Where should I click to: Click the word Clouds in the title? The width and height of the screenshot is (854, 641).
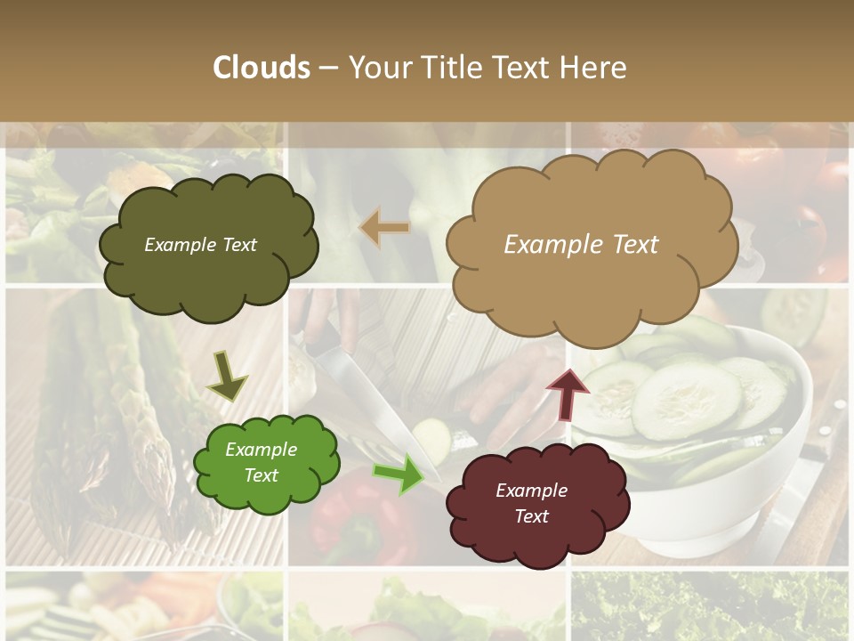(262, 68)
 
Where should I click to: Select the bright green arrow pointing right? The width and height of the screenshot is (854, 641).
(399, 473)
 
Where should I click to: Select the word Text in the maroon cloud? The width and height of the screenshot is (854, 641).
(532, 516)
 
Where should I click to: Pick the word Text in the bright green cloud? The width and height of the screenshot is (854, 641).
(262, 475)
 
